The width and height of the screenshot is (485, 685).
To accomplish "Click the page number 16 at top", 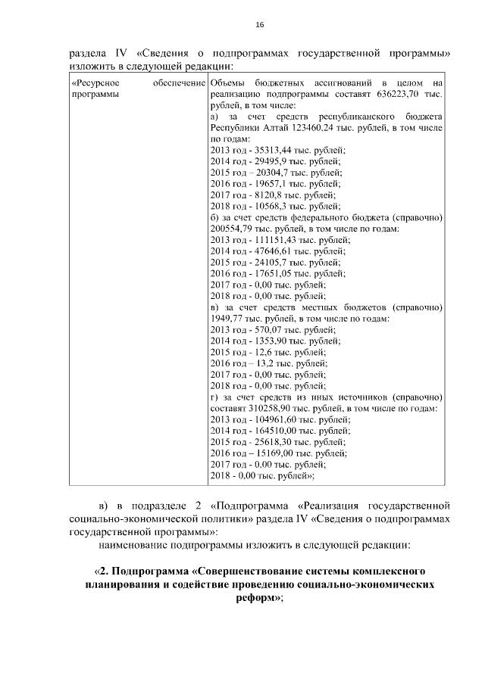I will (259, 25).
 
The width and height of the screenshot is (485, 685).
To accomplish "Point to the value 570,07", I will (261, 330).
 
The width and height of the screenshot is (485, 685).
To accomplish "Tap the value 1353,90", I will (263, 341).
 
